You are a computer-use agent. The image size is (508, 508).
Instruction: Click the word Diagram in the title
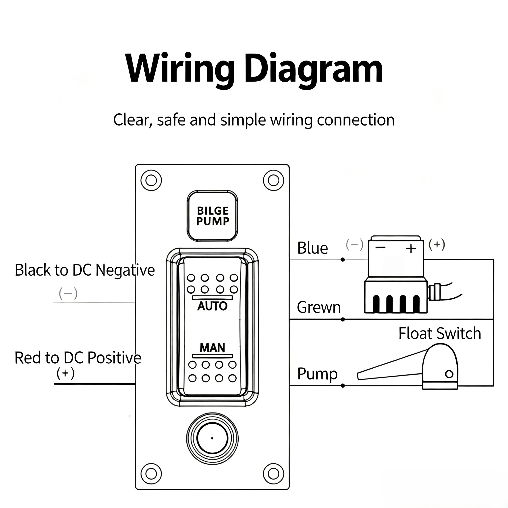[314, 69]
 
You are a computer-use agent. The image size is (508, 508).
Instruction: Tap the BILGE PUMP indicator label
[213, 216]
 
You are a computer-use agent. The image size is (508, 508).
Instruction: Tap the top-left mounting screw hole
[151, 181]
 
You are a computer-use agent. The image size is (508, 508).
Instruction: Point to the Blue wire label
[313, 248]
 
